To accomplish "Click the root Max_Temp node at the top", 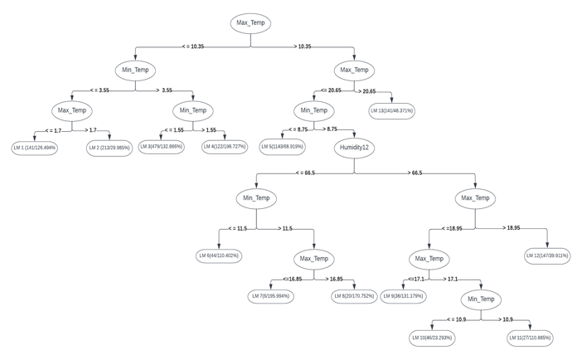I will tap(250, 23).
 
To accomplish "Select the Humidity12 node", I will tap(354, 148).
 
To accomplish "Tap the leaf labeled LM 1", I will tap(34, 148).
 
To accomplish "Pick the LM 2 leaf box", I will tap(109, 148).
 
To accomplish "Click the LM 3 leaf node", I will tap(160, 147).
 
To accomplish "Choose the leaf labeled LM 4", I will tap(225, 147).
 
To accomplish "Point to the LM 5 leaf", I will tap(282, 147).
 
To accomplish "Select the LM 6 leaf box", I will tap(220, 255).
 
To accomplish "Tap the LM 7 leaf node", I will tap(270, 296).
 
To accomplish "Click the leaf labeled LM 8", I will tap(354, 296).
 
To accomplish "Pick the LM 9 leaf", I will tap(404, 296).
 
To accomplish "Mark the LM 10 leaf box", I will tap(432, 338).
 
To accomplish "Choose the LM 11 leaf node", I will tap(530, 338).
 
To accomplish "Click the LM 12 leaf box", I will tap(547, 255).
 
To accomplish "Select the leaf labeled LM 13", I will tap(391, 110).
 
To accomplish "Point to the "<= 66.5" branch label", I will tap(305, 173).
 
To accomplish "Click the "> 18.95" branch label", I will tap(512, 227).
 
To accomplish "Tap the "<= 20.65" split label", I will tap(331, 90).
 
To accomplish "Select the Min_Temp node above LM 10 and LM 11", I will tap(480, 299).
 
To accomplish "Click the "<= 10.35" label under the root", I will tap(192, 47).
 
